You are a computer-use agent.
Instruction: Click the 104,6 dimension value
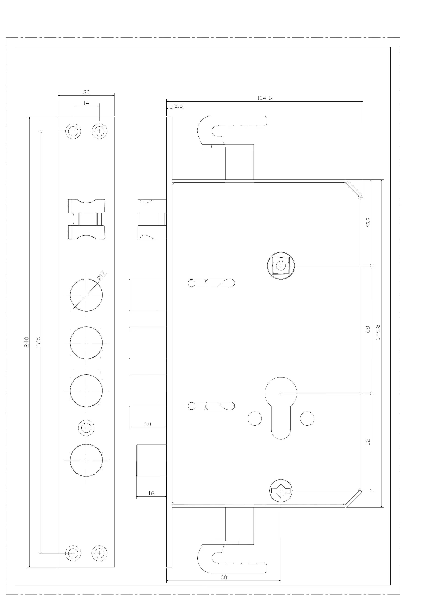pos(264,98)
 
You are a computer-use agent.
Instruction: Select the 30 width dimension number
pos(86,92)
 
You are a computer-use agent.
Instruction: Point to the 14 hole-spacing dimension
pos(86,103)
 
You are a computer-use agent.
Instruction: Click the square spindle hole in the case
pos(281,266)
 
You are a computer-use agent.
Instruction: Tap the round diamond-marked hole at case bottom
pos(281,491)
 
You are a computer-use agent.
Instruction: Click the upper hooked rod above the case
pos(230,131)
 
